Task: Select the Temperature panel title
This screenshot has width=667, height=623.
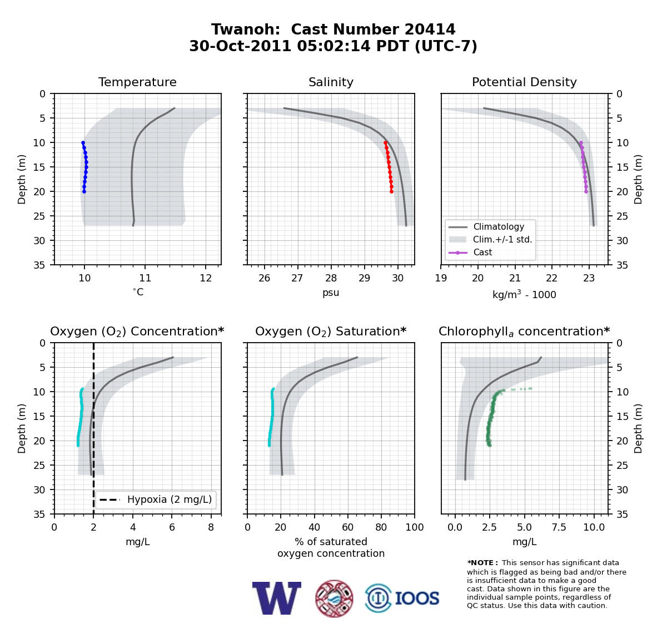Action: (137, 82)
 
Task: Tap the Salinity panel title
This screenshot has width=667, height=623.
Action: (331, 82)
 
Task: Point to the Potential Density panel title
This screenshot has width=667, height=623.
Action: (524, 82)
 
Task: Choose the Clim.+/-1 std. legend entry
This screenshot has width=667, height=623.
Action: (490, 239)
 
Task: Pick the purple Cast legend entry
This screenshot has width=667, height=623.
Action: (470, 252)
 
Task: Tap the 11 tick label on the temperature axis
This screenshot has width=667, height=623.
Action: (145, 278)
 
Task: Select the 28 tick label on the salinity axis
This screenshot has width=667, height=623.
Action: (331, 278)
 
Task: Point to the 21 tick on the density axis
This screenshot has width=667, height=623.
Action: (515, 278)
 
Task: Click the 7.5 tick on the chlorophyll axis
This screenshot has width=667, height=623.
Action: (559, 527)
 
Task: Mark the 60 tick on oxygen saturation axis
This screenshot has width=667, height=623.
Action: (347, 527)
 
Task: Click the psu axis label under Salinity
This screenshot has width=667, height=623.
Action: (331, 293)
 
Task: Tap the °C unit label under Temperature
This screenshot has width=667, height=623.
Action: (138, 292)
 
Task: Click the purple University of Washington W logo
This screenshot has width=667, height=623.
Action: (277, 598)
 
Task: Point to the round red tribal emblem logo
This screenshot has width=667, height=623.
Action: (334, 599)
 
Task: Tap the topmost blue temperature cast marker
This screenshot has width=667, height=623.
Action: (83, 143)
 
